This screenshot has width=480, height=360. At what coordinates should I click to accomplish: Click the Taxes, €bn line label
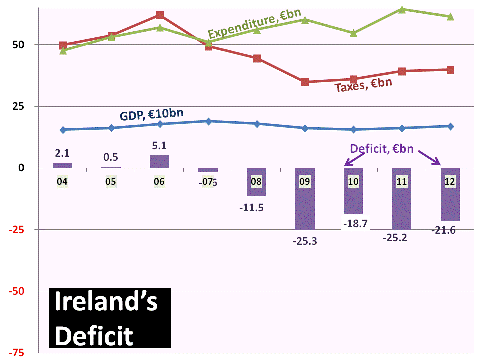point(362,87)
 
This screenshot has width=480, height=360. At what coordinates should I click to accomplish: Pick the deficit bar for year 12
point(449,195)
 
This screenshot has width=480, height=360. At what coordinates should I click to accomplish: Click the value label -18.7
point(355,224)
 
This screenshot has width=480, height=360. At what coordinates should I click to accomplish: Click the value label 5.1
point(158,145)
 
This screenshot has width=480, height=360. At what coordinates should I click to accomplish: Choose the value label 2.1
point(61,152)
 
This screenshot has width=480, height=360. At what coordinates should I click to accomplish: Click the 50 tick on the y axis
point(18,45)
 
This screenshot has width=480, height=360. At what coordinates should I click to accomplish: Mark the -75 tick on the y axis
point(16,352)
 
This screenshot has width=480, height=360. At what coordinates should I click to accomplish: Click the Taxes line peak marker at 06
point(160,15)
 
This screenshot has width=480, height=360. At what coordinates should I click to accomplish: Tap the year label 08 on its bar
point(256,182)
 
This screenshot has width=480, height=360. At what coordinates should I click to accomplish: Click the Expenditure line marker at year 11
point(401,9)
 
